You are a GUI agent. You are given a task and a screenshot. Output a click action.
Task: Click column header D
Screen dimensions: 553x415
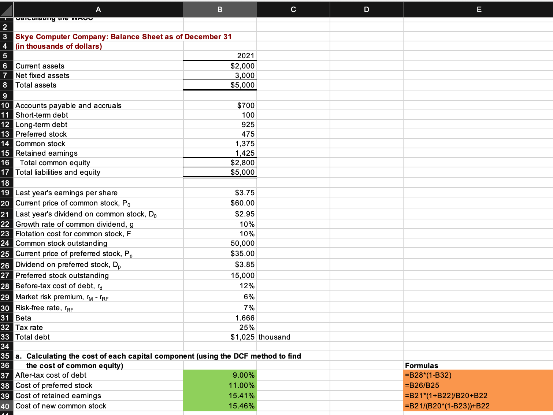(366, 10)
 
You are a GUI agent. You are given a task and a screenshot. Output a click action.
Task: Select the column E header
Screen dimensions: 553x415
(479, 10)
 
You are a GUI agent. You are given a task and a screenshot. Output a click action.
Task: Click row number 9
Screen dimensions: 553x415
(5, 96)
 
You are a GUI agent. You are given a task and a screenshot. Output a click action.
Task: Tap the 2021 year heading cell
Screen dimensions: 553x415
(245, 56)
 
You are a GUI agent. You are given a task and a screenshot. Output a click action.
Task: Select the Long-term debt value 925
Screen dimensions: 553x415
(248, 125)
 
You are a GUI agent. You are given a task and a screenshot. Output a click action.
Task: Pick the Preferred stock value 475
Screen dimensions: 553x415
(248, 134)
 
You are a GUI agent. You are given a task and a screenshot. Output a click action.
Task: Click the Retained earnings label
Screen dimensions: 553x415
(47, 153)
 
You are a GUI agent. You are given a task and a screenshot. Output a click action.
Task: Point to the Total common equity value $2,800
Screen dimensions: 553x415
(242, 163)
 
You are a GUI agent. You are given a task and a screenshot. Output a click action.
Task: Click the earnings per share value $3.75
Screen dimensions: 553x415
(245, 193)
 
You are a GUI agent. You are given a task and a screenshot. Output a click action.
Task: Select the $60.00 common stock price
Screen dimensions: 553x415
(242, 203)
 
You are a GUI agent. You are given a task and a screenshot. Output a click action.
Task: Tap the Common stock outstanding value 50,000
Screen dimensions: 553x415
(242, 243)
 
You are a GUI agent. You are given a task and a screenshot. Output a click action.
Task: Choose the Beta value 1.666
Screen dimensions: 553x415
(245, 318)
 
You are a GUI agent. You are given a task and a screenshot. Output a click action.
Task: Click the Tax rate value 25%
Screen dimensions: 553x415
(247, 327)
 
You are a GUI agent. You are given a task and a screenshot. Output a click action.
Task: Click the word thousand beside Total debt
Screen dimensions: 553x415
(274, 337)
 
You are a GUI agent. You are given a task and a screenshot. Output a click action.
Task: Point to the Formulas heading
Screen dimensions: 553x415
(422, 366)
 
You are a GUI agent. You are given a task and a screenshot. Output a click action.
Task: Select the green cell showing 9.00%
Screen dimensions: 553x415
(244, 375)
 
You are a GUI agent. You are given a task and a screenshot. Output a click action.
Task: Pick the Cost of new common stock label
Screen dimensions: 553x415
(61, 406)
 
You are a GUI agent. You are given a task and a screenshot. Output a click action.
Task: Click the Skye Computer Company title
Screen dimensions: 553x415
(123, 37)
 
